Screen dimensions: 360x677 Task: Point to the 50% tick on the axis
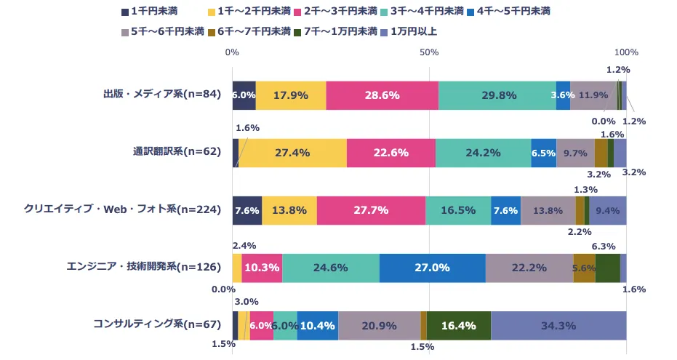429,52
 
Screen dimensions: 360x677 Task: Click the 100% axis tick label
626,52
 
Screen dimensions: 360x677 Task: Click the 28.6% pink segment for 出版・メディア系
382,95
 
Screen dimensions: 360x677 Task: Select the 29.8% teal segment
497,95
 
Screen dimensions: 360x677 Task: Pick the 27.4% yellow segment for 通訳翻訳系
292,153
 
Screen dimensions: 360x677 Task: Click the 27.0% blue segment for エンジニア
432,268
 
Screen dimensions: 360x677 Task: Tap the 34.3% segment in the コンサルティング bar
558,325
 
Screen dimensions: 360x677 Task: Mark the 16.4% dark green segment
458,325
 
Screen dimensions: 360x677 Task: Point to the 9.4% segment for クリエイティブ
607,210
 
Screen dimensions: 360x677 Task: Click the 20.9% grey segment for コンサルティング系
379,325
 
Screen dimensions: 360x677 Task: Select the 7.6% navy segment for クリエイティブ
247,210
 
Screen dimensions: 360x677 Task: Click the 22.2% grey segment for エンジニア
529,268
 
